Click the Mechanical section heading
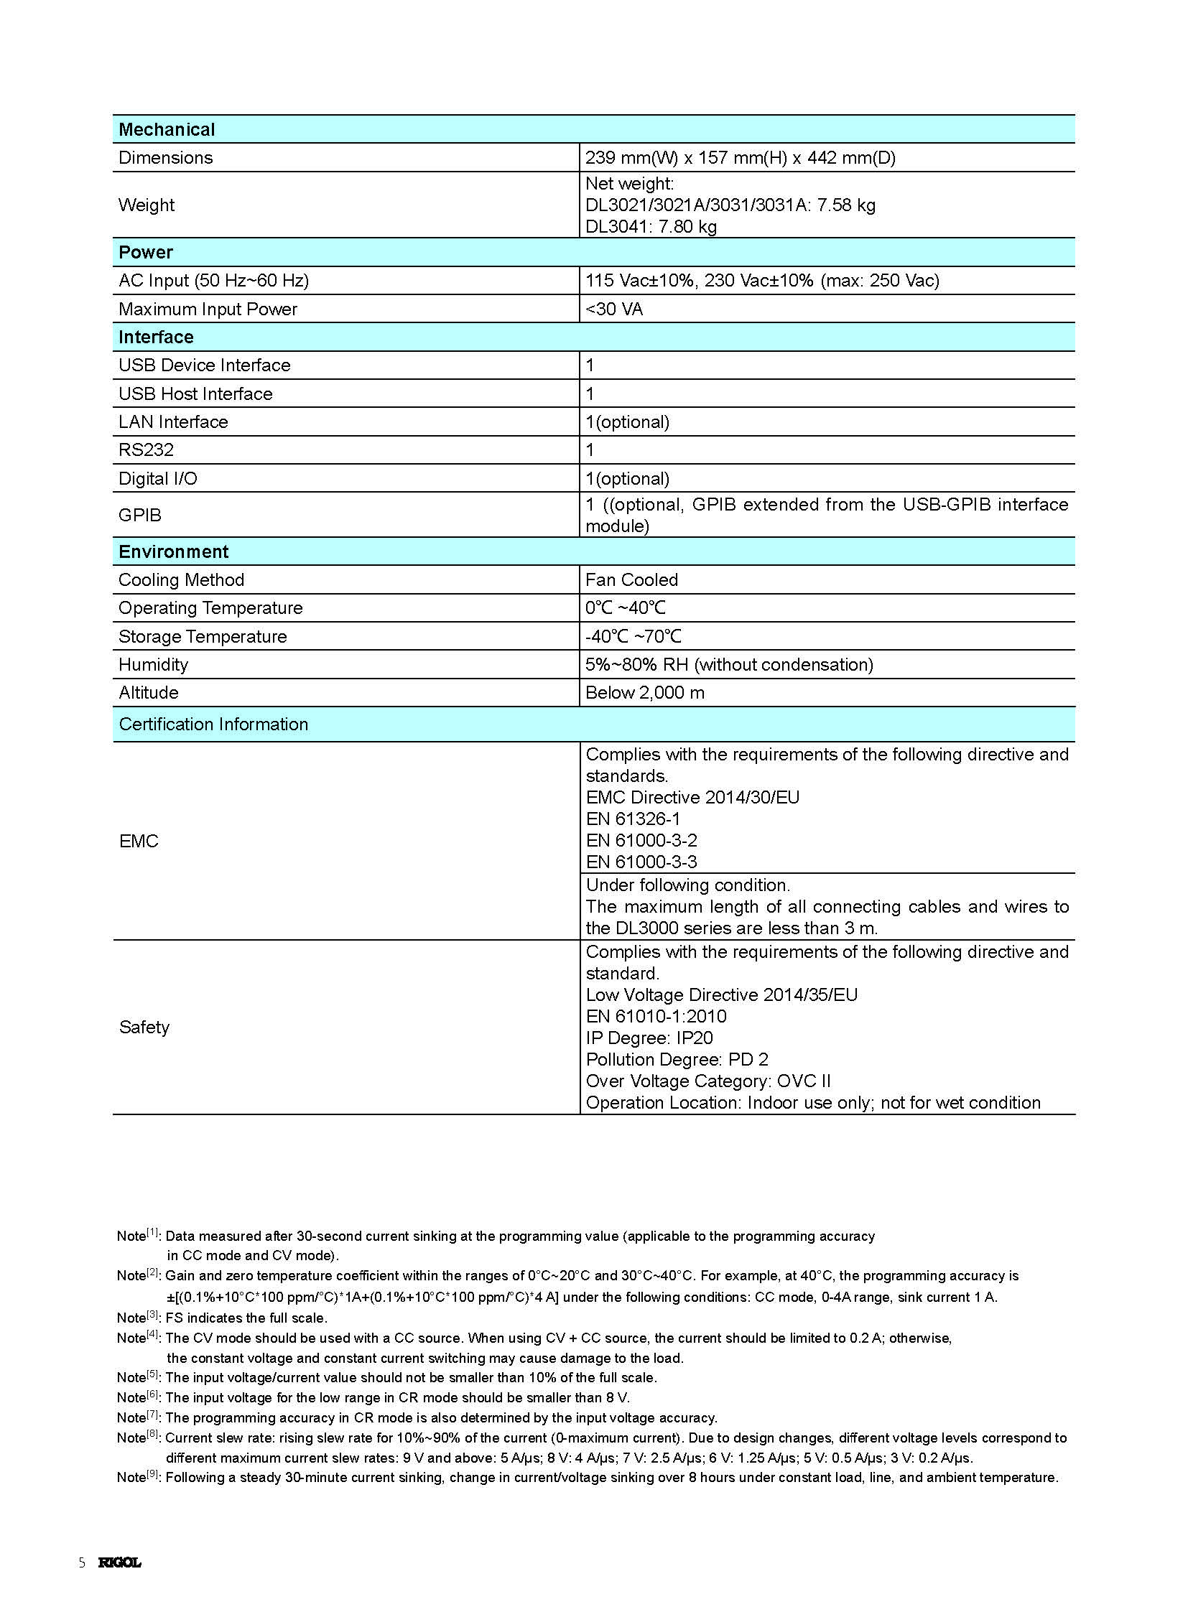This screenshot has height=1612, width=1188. click(167, 129)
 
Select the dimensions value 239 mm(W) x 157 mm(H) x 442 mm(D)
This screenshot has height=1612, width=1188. click(740, 157)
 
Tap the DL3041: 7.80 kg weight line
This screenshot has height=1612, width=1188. click(651, 226)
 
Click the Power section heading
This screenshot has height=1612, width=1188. click(146, 252)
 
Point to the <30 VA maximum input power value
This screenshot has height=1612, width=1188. click(614, 309)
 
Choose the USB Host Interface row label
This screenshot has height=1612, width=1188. click(195, 394)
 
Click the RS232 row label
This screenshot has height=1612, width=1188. click(146, 450)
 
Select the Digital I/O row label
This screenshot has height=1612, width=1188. click(157, 479)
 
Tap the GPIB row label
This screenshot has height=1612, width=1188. click(140, 515)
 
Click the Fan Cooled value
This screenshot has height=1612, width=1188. click(631, 579)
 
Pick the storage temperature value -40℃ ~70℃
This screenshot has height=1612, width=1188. click(633, 636)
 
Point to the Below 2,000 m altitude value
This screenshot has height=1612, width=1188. click(645, 692)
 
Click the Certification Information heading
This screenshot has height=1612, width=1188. click(213, 724)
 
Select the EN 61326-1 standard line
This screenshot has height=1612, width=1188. click(633, 819)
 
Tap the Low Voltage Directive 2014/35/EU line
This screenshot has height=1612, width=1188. click(721, 994)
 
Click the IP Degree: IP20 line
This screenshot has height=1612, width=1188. click(649, 1038)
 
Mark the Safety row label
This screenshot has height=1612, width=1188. click(144, 1027)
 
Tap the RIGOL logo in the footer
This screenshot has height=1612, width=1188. click(120, 1562)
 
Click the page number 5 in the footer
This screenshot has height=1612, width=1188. click(82, 1562)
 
